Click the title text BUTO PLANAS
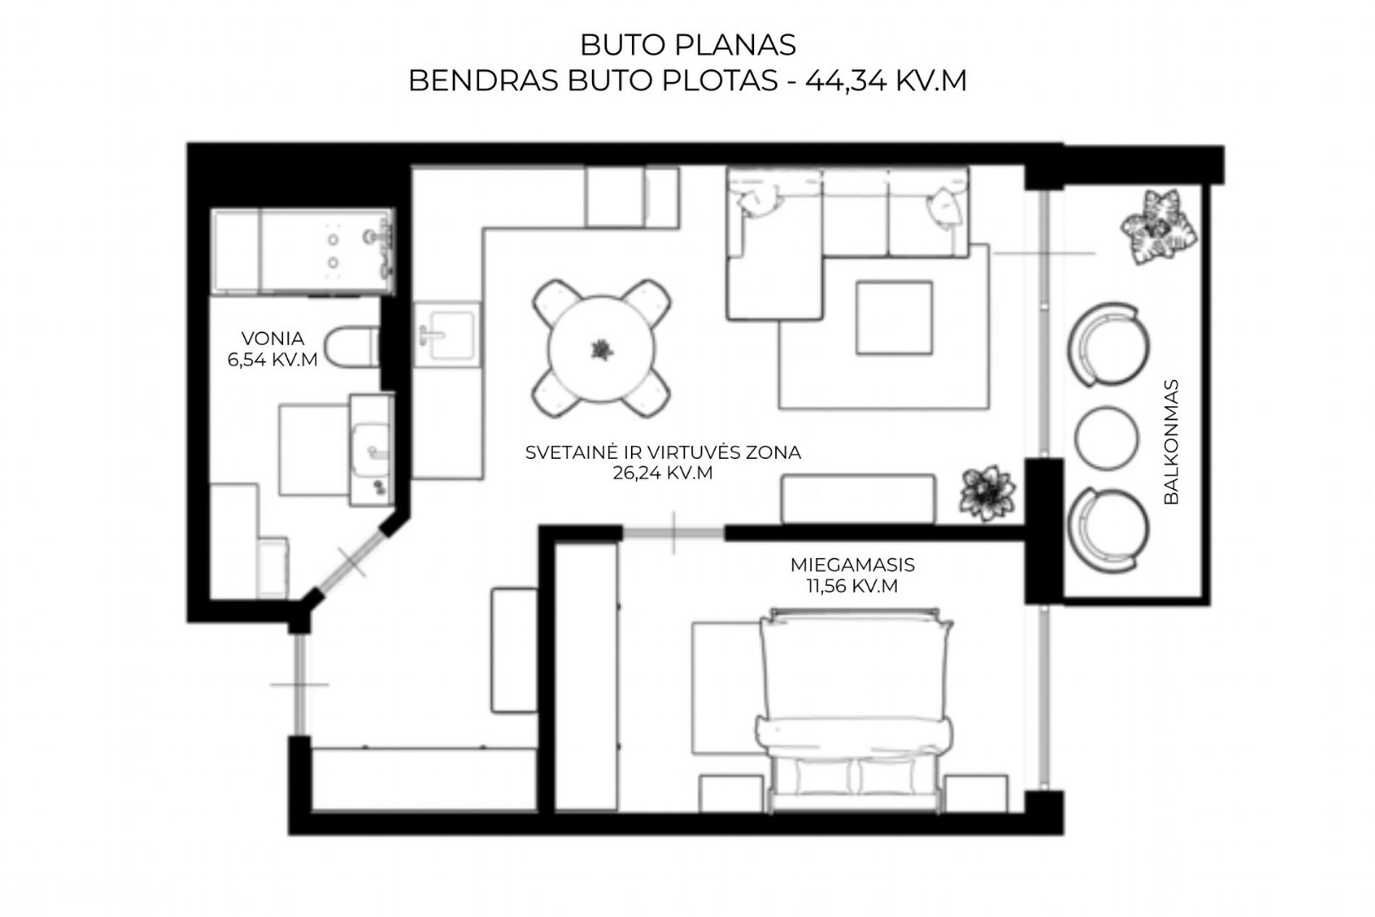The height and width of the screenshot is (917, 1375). tap(687, 45)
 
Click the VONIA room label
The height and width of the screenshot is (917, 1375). tap(273, 338)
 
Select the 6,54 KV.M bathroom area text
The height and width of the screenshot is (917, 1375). tap(273, 359)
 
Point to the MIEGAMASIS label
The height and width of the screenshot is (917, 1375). tap(852, 565)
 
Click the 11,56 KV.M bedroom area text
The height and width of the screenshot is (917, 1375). tap(852, 586)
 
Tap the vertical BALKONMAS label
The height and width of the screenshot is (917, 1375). tap(1172, 441)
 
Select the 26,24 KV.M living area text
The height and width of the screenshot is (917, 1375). tap(662, 473)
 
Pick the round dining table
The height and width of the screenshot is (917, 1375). tap(600, 349)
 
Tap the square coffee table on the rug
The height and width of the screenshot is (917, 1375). tap(894, 318)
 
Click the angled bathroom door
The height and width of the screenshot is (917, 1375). tap(350, 561)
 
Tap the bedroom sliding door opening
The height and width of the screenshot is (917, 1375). tap(674, 533)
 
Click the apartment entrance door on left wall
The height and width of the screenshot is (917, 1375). tap(300, 684)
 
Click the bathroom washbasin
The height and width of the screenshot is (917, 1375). tap(373, 449)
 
